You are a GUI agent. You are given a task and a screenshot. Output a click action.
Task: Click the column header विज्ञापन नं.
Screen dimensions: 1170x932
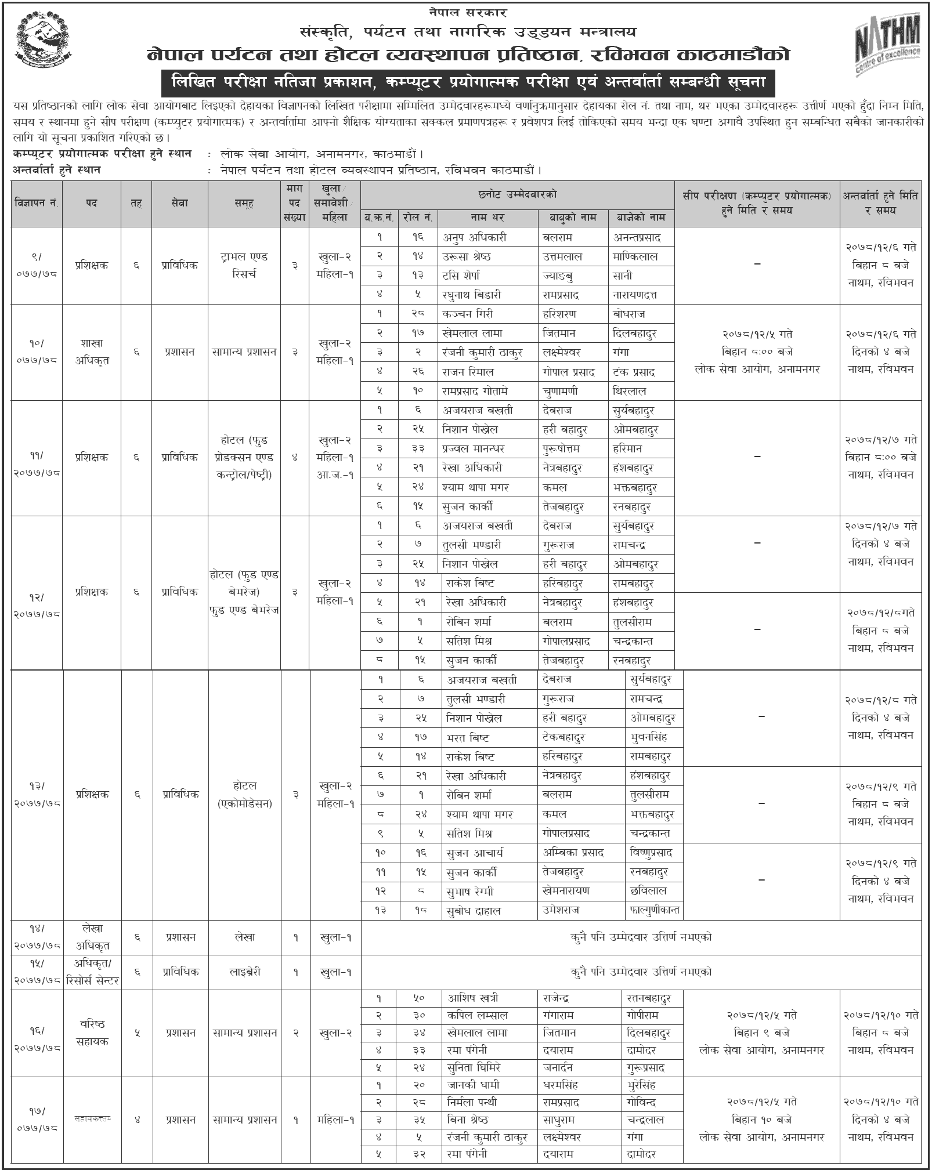coord(37,204)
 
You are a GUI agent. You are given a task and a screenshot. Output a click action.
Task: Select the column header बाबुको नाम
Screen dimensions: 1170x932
coord(572,218)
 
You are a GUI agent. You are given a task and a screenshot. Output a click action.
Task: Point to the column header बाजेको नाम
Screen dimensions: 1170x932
coord(641,218)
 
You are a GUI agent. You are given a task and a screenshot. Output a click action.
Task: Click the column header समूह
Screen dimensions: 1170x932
coord(244,204)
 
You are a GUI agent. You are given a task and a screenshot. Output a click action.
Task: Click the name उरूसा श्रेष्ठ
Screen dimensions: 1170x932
coord(467,256)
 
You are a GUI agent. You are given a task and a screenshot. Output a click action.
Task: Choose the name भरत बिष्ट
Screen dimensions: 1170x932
coord(468,738)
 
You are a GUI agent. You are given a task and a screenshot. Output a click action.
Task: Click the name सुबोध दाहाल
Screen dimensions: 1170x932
coord(474,911)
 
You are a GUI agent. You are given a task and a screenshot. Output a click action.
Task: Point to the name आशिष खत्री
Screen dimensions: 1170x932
coord(473,998)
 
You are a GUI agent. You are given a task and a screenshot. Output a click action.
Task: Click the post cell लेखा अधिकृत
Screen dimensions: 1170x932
coord(92,937)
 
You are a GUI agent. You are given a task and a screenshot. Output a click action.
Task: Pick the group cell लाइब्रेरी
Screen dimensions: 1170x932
coord(244,972)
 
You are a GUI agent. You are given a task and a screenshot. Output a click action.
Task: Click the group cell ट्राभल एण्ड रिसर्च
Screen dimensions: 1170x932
coord(244,265)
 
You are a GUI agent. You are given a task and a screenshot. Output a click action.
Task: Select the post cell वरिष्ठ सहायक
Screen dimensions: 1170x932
coord(92,1033)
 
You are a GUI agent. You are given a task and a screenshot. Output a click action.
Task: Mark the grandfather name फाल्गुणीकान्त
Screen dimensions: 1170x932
coord(654,911)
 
